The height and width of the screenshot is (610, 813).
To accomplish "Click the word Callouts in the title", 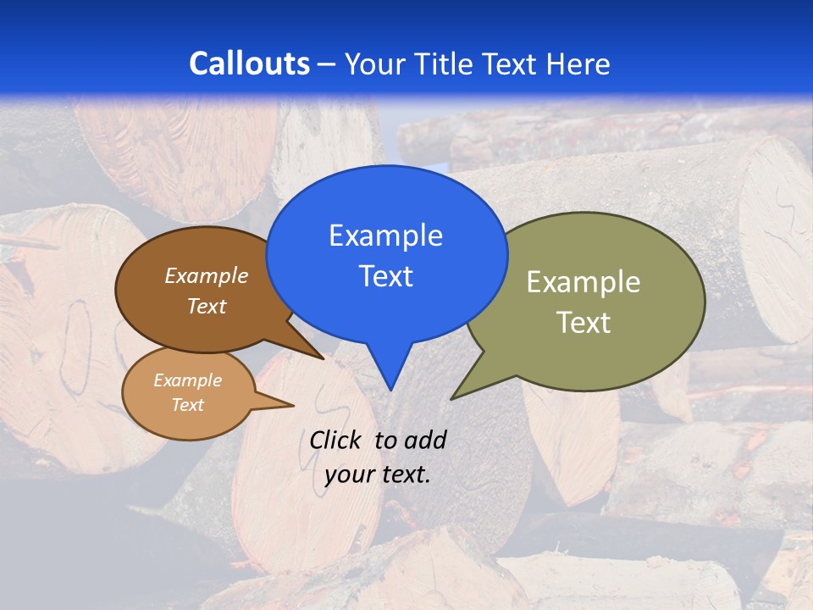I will [x=249, y=64].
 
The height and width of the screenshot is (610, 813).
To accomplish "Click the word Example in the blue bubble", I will [x=385, y=236].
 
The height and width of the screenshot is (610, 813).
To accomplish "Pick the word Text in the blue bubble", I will [x=385, y=276].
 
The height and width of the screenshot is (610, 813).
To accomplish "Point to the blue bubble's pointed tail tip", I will [x=390, y=390].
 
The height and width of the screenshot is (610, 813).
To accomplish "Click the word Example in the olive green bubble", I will [x=583, y=282].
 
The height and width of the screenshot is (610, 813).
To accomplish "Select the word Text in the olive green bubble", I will [x=583, y=323].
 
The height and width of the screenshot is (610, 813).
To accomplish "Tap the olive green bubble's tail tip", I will [x=451, y=398].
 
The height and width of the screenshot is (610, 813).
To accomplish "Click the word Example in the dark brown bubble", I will [x=207, y=275].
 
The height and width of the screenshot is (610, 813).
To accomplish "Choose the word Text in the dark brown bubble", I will [x=207, y=306].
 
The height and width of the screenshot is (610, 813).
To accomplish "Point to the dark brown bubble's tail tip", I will [x=324, y=358].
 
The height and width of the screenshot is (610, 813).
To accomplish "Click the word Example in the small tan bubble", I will [x=188, y=380].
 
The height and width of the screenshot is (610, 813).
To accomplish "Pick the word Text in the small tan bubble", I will [x=188, y=405].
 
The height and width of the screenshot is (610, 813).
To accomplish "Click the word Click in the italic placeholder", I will [x=336, y=440].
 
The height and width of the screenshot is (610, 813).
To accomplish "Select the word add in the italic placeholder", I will [x=425, y=440].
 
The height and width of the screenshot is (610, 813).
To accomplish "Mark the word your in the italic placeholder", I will [x=350, y=474].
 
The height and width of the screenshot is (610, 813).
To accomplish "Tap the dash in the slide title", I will [x=328, y=64].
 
